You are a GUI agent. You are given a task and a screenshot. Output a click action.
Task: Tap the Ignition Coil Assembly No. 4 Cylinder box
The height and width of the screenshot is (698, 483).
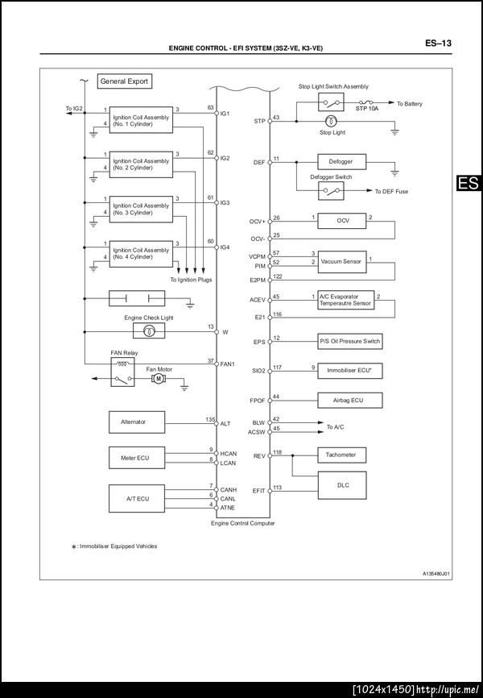click(x=141, y=253)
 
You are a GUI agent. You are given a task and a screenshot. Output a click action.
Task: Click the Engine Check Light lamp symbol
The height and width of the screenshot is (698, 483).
click(x=149, y=331)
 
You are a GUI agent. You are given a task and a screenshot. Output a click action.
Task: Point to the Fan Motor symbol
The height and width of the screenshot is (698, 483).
click(x=159, y=379)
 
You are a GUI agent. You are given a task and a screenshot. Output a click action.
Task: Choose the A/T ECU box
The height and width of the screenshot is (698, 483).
click(x=137, y=498)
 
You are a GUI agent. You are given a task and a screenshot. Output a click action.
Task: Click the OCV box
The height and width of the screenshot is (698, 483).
click(x=342, y=221)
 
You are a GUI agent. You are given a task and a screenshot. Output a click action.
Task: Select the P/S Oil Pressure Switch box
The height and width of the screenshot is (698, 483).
click(x=349, y=342)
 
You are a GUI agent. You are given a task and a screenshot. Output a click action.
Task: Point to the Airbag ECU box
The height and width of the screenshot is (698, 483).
click(x=349, y=399)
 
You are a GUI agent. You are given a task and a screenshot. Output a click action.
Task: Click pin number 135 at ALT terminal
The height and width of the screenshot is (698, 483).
click(x=210, y=419)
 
